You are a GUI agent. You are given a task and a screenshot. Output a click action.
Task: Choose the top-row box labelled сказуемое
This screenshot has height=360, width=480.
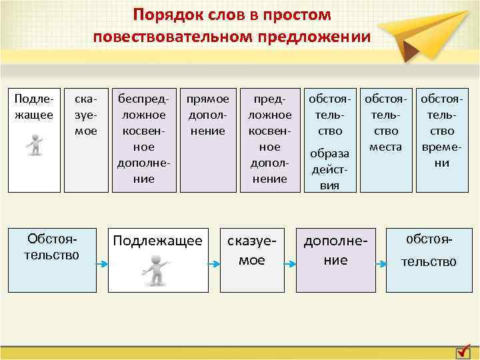coord(85,139)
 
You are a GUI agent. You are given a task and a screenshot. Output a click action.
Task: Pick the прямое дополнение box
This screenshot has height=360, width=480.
coord(207,139)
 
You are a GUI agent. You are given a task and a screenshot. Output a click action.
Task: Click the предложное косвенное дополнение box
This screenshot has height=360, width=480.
coord(269,139)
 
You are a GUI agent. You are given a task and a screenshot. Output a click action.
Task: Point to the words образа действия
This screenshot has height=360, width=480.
coord(331,169)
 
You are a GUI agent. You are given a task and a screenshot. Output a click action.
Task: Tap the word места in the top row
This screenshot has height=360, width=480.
coord(387,146)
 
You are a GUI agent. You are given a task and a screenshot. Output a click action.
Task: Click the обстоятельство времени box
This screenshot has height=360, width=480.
coord(442,139)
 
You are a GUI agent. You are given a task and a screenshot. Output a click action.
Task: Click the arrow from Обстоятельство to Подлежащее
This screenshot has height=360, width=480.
coord(101,265)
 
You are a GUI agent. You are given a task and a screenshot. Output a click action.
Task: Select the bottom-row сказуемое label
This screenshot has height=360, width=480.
coord(252,251)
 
